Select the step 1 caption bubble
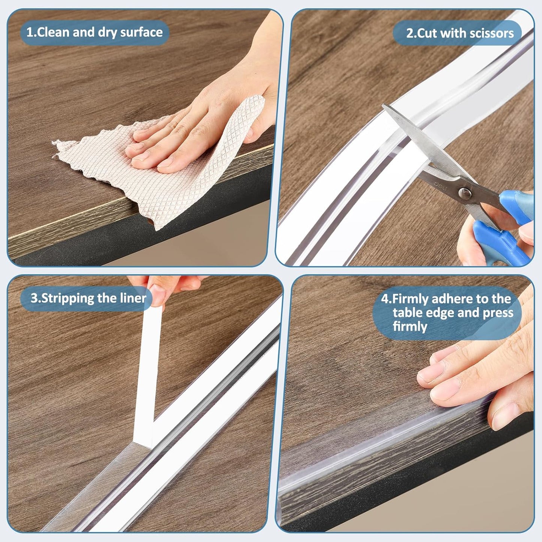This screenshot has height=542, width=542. coord(94,33)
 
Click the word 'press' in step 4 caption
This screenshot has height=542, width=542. coord(498,313)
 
